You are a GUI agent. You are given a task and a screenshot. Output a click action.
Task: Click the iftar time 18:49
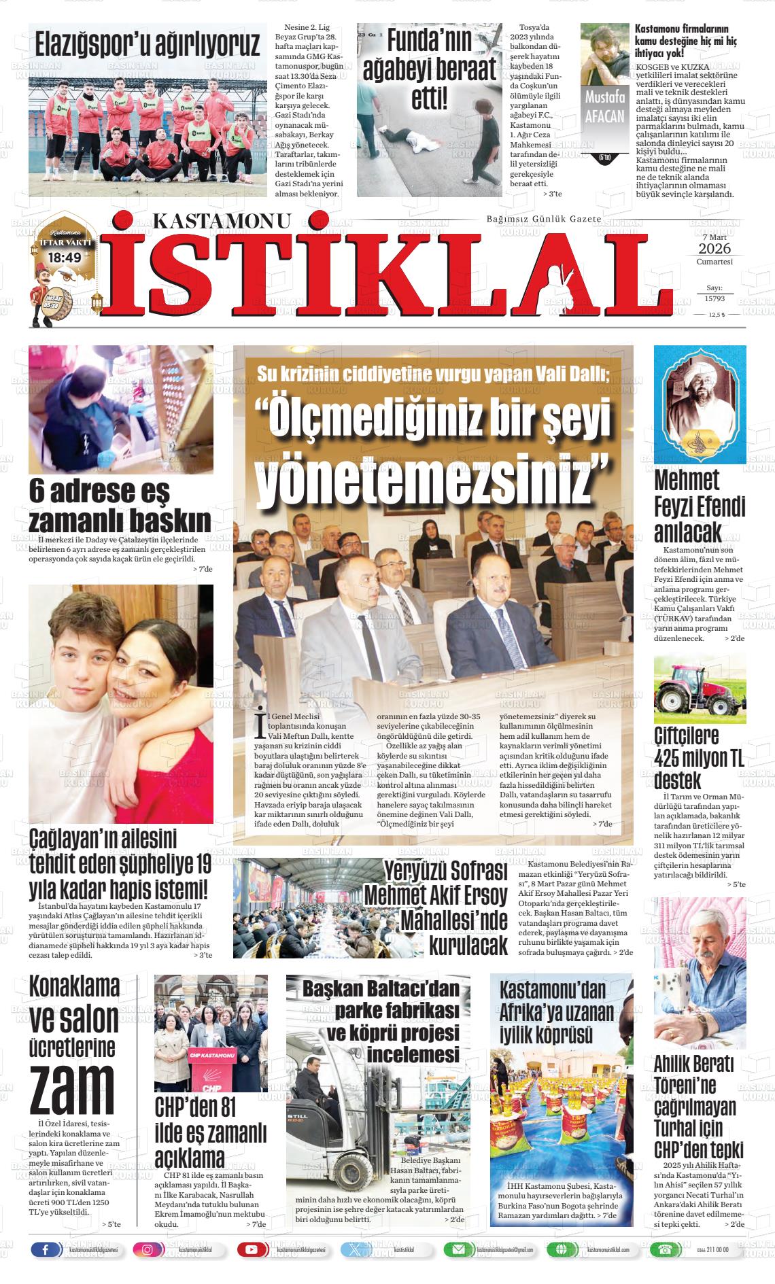tap(65, 258)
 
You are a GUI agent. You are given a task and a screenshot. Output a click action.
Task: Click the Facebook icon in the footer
tap(46, 1249)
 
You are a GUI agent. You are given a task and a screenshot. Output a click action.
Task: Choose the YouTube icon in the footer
tap(252, 1249)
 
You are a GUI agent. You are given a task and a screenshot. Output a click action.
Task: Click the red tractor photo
tap(700, 690)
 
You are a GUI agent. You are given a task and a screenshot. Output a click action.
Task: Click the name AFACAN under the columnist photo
tap(604, 116)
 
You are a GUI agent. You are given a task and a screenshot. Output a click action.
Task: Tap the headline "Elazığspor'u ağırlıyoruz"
tap(148, 45)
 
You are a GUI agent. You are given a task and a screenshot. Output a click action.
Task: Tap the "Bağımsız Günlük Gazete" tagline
tap(544, 219)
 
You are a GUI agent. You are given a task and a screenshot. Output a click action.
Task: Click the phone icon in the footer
tap(661, 1249)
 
